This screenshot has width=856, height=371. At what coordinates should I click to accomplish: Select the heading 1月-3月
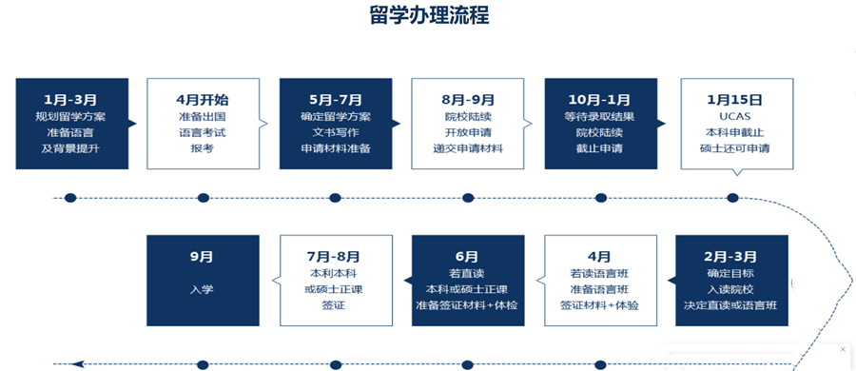pyautogui.click(x=70, y=99)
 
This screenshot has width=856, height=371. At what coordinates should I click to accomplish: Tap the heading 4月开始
pyautogui.click(x=203, y=99)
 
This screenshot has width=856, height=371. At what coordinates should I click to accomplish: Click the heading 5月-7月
pyautogui.click(x=335, y=99)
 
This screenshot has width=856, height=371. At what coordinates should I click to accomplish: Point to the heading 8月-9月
pyautogui.click(x=467, y=99)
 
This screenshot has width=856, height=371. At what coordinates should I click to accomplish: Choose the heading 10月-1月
pyautogui.click(x=599, y=99)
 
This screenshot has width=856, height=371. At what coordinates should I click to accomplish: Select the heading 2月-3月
pyautogui.click(x=730, y=256)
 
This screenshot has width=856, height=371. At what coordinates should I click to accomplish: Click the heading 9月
pyautogui.click(x=202, y=256)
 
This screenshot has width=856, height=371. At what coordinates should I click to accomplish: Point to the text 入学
pyautogui.click(x=202, y=289)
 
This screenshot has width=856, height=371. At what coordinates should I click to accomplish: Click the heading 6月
pyautogui.click(x=466, y=256)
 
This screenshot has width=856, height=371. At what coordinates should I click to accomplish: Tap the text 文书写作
pyautogui.click(x=335, y=132)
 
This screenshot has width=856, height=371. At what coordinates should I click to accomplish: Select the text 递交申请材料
pyautogui.click(x=467, y=148)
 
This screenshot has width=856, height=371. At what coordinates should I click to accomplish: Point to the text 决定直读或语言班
pyautogui.click(x=730, y=305)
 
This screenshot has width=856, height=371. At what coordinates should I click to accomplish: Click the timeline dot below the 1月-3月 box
pyautogui.click(x=70, y=198)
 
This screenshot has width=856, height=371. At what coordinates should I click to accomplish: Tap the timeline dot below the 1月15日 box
pyautogui.click(x=732, y=198)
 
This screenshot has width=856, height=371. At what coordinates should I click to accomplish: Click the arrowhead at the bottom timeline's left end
pyautogui.click(x=77, y=363)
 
